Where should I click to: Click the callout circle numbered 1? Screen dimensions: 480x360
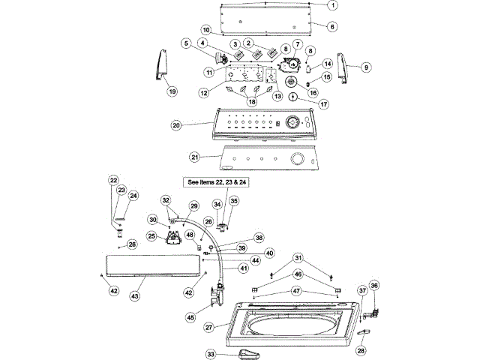click(333, 5)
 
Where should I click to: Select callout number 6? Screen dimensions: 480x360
click(332, 27)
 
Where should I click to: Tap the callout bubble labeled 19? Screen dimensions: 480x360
click(172, 91)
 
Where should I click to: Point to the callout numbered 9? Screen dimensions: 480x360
click(366, 67)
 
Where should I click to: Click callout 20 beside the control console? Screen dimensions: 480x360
click(176, 125)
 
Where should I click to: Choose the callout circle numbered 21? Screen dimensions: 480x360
click(195, 157)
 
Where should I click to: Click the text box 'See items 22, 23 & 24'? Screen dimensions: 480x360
click(216, 182)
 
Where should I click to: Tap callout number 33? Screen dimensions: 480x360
click(211, 355)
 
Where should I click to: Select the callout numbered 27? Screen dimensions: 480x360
click(208, 328)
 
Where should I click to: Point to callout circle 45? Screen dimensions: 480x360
click(190, 318)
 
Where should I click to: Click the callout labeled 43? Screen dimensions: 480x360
click(135, 296)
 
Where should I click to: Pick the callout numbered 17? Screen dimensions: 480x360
click(323, 104)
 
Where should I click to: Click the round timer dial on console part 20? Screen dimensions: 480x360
click(293, 123)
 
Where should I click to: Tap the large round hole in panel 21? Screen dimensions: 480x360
click(297, 159)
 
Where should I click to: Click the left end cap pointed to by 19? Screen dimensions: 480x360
click(162, 65)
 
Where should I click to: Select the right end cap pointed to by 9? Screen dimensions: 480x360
click(343, 68)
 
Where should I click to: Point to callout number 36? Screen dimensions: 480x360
click(374, 285)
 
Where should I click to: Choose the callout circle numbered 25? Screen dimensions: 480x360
click(151, 236)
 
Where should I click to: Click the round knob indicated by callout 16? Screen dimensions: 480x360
click(291, 82)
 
